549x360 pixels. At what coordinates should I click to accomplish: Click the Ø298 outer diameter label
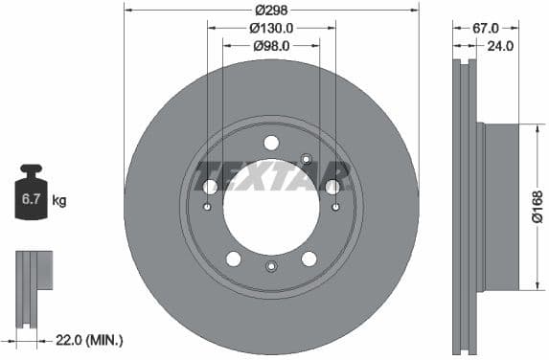(x=271, y=11)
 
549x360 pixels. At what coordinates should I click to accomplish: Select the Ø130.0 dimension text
(x=271, y=29)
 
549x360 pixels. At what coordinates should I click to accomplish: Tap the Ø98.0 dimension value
(x=271, y=45)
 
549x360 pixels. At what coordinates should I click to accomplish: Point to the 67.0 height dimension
(x=485, y=29)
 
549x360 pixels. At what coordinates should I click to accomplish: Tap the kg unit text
(x=59, y=200)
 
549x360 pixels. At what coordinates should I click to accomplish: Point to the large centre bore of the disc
(x=271, y=206)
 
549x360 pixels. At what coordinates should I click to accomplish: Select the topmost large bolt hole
(x=271, y=143)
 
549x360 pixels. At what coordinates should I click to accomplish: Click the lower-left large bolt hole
(x=234, y=259)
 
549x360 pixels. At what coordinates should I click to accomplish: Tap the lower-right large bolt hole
(x=309, y=259)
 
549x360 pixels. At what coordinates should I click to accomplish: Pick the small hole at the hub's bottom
(x=271, y=266)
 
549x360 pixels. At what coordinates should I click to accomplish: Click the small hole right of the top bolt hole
(x=306, y=158)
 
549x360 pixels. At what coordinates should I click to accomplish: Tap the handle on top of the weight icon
(x=32, y=170)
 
